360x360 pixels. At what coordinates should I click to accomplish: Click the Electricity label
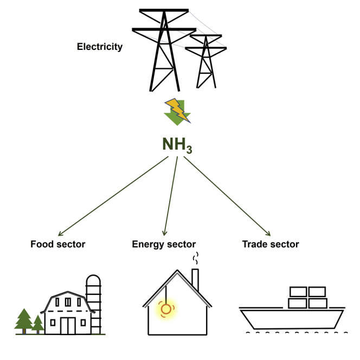[100, 47]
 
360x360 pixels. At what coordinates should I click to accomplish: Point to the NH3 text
[177, 144]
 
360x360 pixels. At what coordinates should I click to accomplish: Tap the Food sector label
[58, 245]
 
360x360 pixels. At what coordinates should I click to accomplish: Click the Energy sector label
[164, 245]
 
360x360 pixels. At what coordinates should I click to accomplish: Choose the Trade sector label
[271, 245]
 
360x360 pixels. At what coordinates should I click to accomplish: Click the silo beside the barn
[94, 301]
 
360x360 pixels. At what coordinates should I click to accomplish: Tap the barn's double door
[68, 325]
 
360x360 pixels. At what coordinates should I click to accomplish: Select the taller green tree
[24, 322]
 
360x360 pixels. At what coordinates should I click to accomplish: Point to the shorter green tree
[37, 324]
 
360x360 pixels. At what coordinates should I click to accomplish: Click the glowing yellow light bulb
[165, 310]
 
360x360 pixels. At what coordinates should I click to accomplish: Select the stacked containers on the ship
[307, 297]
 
